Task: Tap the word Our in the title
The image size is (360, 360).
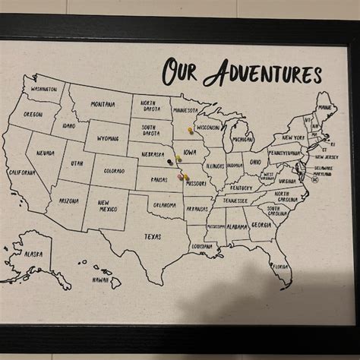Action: click(179, 72)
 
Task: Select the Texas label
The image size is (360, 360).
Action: click(153, 236)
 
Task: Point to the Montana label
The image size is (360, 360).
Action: click(103, 104)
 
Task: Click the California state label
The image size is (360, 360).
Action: click(22, 172)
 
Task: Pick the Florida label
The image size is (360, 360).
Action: click(280, 267)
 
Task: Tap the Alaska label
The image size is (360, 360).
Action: click(33, 254)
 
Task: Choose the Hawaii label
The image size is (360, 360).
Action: click(99, 279)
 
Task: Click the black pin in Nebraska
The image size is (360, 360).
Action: click(169, 161)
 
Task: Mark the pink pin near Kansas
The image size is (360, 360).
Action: click(181, 175)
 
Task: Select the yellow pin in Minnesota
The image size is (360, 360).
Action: click(190, 130)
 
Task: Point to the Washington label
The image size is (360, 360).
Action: click(43, 89)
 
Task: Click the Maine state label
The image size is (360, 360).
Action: click(325, 108)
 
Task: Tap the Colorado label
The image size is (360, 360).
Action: click(114, 171)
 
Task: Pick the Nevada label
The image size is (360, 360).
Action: click(46, 153)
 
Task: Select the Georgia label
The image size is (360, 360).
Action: click(261, 225)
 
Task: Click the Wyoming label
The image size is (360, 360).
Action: click(107, 139)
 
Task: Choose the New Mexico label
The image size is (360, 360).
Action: click(107, 205)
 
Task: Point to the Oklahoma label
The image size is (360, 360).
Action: click(164, 204)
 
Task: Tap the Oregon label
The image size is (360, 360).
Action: click(33, 114)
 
